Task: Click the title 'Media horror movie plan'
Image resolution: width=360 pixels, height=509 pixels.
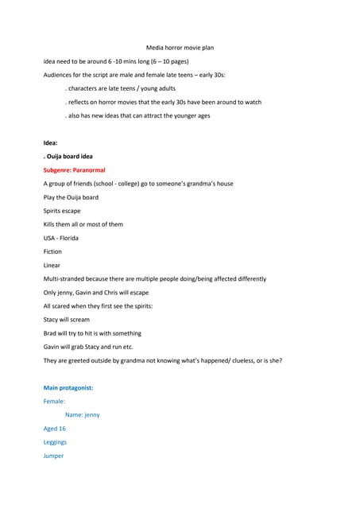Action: point(180,48)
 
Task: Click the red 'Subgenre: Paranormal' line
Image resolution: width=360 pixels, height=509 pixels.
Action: point(74,170)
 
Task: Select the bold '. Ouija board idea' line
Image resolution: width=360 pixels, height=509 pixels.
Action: point(68,157)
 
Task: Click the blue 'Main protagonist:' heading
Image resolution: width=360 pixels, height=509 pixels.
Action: point(68,387)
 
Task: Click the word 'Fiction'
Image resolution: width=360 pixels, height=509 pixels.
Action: point(52,251)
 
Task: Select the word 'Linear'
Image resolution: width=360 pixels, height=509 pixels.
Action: point(52,265)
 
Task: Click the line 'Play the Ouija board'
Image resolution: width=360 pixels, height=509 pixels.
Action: point(71,197)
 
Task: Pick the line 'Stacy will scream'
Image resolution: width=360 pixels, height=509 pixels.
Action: point(67,320)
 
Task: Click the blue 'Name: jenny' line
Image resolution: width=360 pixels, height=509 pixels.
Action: point(82,414)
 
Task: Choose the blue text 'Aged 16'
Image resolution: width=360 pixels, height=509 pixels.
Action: point(55,428)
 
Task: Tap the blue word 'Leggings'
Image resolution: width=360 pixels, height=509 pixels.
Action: point(55,441)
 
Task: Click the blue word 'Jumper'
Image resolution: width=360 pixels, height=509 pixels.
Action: point(53,456)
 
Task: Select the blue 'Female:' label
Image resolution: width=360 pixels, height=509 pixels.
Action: point(54,402)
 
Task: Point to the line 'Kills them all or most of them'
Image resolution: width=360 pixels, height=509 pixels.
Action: point(83,224)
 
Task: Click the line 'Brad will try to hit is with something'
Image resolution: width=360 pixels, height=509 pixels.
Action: point(92,333)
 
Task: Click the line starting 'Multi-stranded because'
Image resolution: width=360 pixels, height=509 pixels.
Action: point(155,279)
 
